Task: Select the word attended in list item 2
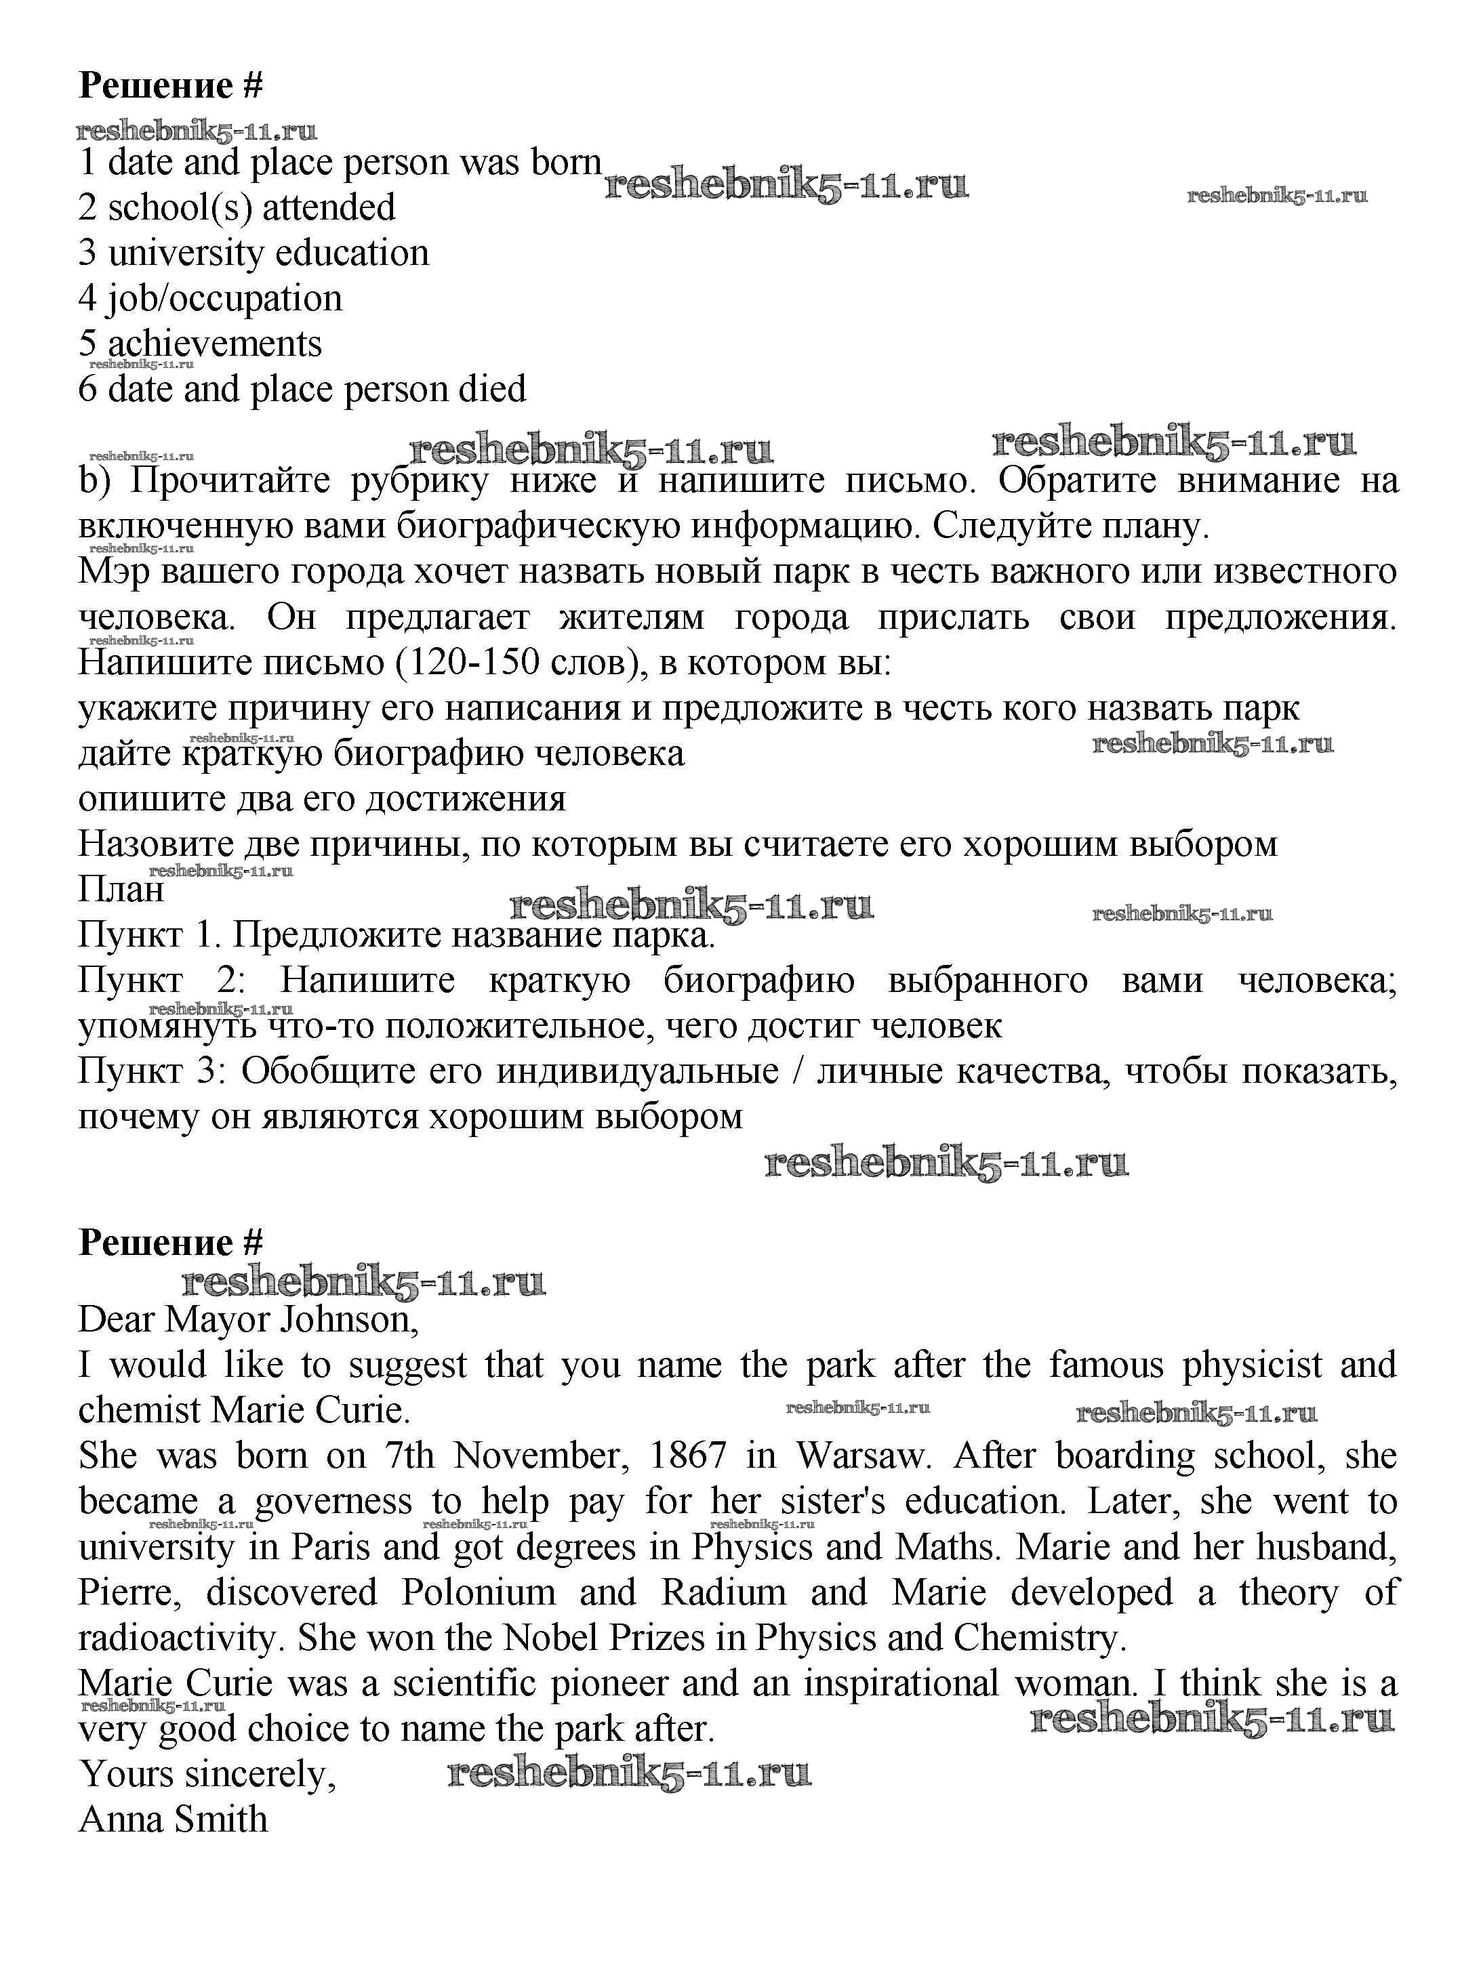(328, 207)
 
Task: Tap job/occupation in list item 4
(224, 299)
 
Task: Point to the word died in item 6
(491, 389)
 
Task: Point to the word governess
(333, 1502)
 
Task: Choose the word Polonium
(478, 1593)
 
